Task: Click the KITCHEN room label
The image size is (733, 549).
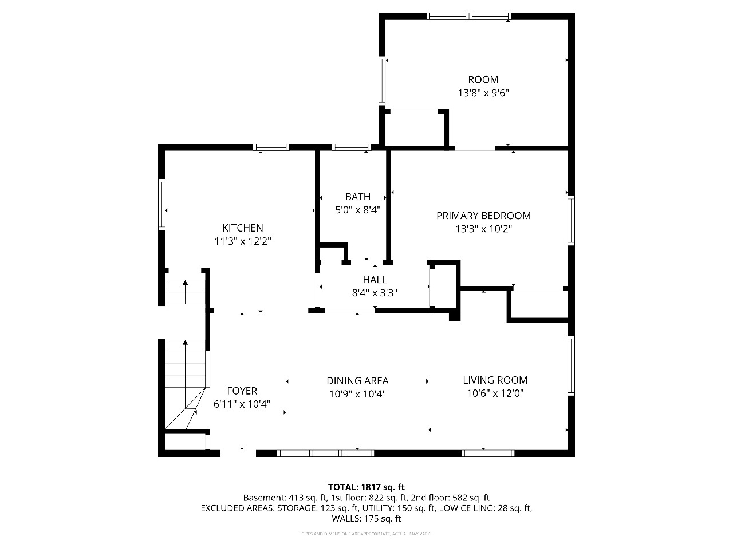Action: [243, 228]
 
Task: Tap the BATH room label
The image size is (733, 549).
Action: [357, 197]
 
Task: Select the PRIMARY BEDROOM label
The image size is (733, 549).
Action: [483, 216]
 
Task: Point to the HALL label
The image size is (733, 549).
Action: [375, 280]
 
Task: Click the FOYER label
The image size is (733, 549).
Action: [242, 391]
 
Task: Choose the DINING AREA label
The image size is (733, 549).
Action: [357, 380]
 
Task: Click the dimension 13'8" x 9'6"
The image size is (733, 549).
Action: [483, 93]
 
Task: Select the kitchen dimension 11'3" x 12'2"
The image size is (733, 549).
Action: [243, 241]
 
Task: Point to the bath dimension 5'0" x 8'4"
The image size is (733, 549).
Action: [357, 210]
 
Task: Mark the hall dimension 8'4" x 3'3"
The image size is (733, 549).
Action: [375, 293]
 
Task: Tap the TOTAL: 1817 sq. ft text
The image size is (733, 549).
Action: [366, 487]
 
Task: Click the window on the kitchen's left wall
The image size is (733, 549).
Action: [162, 205]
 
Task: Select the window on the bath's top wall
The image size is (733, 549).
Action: [352, 148]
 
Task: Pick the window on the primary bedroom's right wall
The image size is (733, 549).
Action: [570, 221]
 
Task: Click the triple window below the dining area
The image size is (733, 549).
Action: [325, 453]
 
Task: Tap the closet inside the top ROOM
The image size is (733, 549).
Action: [414, 129]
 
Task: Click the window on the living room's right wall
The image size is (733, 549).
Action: [570, 365]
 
